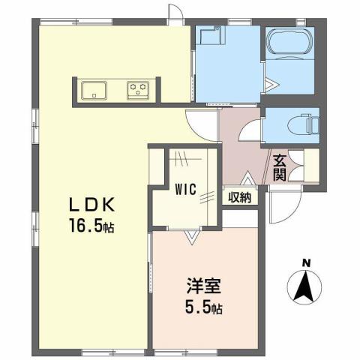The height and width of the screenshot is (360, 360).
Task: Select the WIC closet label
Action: (186, 190)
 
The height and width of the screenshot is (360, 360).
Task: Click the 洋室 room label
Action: (202, 287)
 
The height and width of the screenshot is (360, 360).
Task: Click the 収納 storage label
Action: (239, 197)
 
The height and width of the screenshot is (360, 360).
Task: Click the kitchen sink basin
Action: (95, 90)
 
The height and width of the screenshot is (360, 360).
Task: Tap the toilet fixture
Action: (303, 124)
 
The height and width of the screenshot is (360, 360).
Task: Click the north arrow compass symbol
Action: (304, 286)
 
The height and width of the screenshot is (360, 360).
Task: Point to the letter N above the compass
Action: (305, 262)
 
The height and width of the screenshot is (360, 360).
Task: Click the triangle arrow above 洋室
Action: (192, 237)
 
